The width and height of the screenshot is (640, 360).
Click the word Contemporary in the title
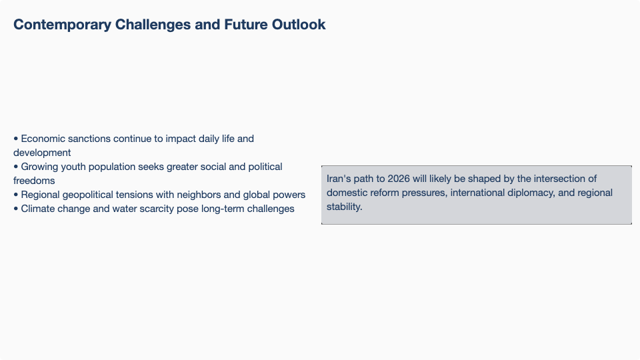click(x=62, y=25)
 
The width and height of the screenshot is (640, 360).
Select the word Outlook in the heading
click(x=299, y=25)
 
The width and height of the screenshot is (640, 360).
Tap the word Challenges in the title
click(x=153, y=25)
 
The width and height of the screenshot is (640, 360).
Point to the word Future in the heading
click(x=246, y=25)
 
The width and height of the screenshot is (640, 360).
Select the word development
click(x=42, y=153)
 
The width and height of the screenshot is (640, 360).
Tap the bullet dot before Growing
click(x=16, y=167)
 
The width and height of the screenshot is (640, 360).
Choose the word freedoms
click(x=34, y=181)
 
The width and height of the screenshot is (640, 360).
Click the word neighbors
click(x=199, y=195)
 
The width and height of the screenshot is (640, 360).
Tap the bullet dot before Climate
click(x=16, y=209)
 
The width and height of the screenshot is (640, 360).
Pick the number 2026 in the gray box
click(x=399, y=179)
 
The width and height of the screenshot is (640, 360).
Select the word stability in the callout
click(x=345, y=207)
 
